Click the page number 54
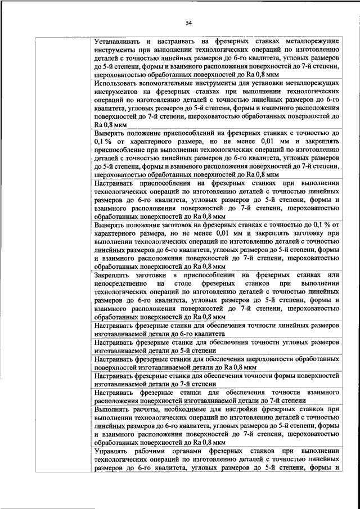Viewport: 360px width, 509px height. point(189,22)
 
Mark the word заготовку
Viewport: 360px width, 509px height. point(308,235)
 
